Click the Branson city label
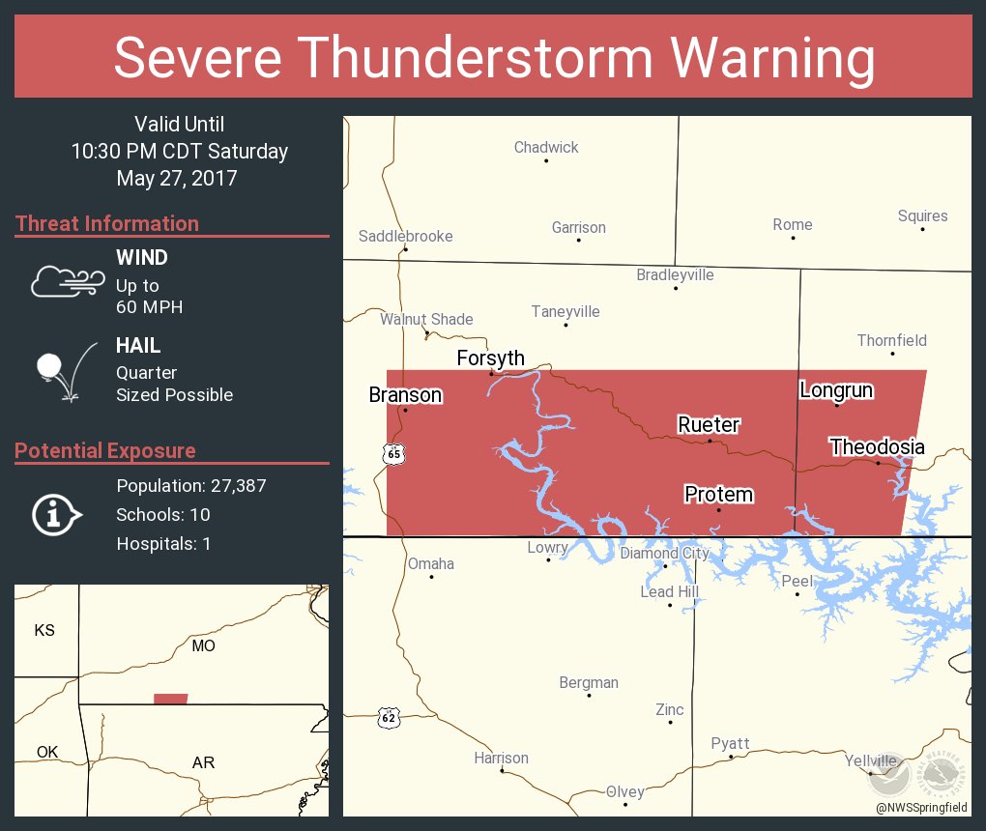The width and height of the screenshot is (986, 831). pyautogui.click(x=405, y=395)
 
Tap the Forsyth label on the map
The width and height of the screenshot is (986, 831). pyautogui.click(x=490, y=358)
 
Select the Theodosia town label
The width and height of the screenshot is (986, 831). pyautogui.click(x=877, y=446)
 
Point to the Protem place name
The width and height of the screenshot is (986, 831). pyautogui.click(x=718, y=495)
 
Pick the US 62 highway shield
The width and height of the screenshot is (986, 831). pyautogui.click(x=389, y=717)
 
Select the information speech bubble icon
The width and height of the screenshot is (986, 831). pyautogui.click(x=57, y=514)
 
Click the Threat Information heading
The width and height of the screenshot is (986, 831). pyautogui.click(x=107, y=223)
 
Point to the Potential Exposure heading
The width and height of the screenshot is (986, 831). pyautogui.click(x=105, y=450)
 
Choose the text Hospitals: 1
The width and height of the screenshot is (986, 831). pyautogui.click(x=163, y=543)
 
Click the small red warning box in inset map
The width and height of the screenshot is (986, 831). pyautogui.click(x=171, y=699)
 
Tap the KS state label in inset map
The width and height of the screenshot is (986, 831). pyautogui.click(x=44, y=630)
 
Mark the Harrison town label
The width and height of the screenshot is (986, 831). pyautogui.click(x=501, y=758)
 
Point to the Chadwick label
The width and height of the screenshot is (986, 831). pyautogui.click(x=546, y=147)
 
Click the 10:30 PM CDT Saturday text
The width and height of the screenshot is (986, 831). pyautogui.click(x=179, y=151)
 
